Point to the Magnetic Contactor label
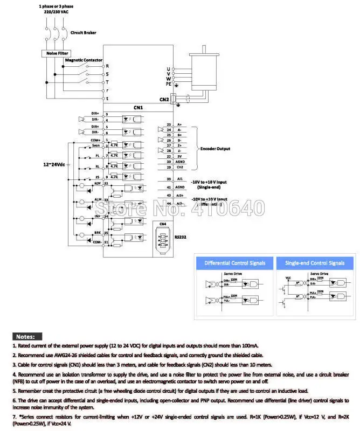[x=83, y=60]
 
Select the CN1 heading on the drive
[x=138, y=108]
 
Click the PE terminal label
[x=169, y=84]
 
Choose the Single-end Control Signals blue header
[x=315, y=263]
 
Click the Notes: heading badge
[x=26, y=336]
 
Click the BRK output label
[x=98, y=233]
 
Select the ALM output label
[x=98, y=200]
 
